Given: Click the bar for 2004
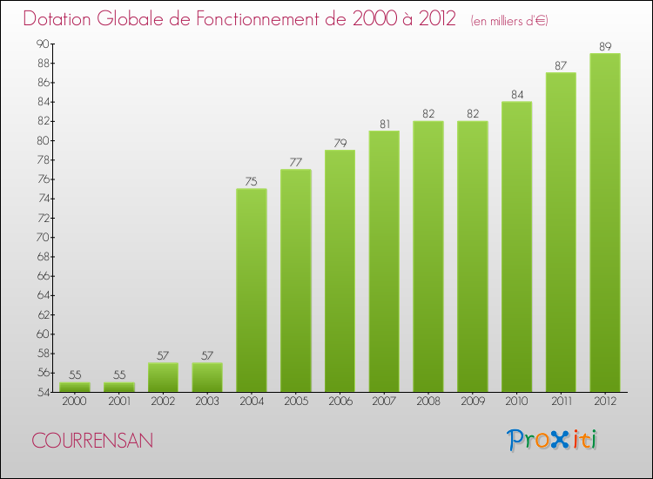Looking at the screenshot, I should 251,290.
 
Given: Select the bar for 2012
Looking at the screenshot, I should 604,222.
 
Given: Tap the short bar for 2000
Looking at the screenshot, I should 74,387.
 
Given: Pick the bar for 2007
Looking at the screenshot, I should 383,261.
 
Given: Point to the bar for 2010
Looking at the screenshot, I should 516,246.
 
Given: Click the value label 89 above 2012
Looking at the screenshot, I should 604,46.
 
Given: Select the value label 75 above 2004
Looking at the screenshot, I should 251,181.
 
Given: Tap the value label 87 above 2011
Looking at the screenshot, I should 560,65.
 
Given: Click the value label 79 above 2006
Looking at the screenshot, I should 339,143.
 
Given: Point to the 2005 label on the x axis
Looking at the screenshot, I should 295,402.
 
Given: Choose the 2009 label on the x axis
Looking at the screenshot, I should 472,402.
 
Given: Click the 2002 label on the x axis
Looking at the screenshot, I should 163,402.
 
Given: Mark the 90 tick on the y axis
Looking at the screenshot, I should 42,44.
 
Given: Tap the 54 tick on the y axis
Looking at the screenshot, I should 42,392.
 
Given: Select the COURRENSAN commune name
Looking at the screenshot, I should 92,442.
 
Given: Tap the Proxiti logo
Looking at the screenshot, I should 553,440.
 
